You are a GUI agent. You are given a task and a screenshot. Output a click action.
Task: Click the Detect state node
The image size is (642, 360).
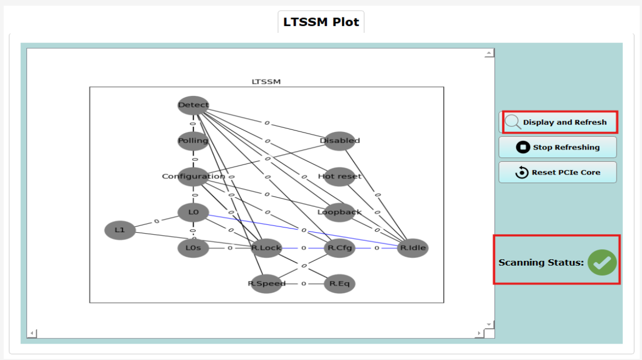[193, 105]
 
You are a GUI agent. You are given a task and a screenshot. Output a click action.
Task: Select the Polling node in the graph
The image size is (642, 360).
[193, 141]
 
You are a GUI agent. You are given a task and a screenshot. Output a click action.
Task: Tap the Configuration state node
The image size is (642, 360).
[193, 177]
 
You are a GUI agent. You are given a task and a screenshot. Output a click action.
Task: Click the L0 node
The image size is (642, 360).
[193, 212]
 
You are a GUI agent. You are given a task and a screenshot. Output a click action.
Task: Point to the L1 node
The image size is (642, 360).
[120, 230]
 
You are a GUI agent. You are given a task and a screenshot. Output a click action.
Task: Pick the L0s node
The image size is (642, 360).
[193, 248]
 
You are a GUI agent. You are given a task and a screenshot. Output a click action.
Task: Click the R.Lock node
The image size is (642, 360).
[266, 248]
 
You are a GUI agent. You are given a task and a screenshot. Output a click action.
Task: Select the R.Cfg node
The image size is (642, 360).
[340, 248]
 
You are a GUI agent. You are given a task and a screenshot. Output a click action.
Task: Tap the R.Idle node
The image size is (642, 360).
[412, 248]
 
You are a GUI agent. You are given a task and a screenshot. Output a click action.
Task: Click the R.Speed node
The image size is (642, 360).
[266, 284]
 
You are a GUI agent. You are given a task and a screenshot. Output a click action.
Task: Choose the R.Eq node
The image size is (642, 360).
[340, 284]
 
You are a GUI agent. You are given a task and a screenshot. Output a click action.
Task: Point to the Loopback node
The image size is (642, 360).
[340, 212]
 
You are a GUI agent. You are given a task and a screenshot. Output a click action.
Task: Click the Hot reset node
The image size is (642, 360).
[340, 177]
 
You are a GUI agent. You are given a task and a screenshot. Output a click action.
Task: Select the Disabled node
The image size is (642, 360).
[340, 141]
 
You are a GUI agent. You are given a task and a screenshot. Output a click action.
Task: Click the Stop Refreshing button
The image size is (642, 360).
[558, 147]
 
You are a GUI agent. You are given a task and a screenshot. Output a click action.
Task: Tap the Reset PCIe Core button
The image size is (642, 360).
[558, 172]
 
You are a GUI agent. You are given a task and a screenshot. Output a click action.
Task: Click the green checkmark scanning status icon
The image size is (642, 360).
[602, 262]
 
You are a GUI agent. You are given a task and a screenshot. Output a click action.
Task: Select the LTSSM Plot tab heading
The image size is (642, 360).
[321, 22]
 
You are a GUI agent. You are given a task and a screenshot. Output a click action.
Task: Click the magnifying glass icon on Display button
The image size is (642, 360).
[513, 122]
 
